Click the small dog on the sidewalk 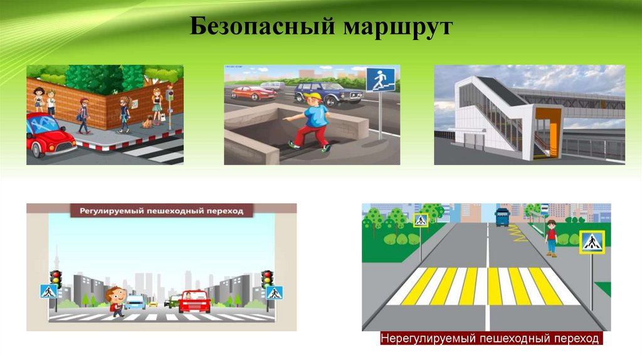147,122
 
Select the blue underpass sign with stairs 380,80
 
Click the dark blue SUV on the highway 328,93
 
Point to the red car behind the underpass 253,93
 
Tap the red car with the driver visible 194,302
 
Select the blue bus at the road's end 502,217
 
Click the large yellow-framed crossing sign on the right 592,242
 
